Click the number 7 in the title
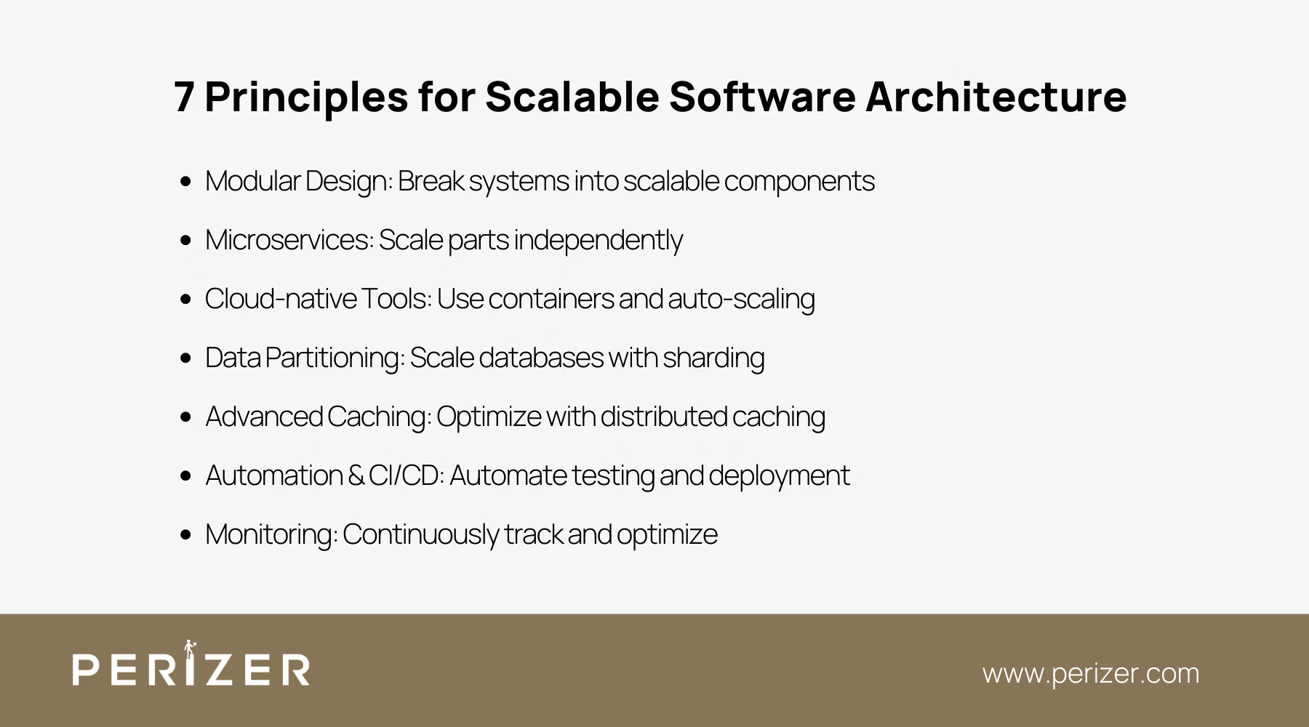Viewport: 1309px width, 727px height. [184, 97]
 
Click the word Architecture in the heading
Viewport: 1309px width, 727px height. [996, 97]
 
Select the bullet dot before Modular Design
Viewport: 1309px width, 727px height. [185, 181]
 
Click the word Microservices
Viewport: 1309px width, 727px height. [289, 240]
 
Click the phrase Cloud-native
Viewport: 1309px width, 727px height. [280, 299]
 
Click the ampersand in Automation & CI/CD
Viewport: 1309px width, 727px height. [356, 475]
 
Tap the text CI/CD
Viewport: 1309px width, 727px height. [404, 475]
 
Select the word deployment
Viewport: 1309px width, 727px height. [778, 475]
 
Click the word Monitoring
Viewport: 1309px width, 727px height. [270, 534]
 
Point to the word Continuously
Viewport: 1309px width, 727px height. [420, 534]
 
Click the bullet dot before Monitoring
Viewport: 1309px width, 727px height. [185, 534]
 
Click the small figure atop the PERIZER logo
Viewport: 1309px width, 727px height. [190, 647]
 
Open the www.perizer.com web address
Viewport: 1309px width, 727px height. [1090, 673]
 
